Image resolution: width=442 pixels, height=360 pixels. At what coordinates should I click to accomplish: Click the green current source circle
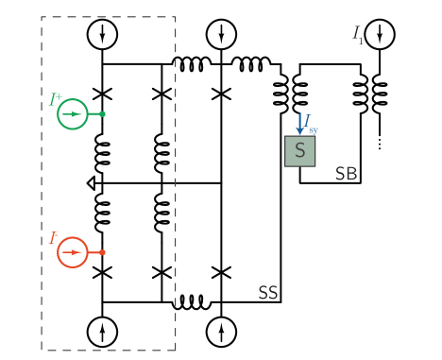pyautogui.click(x=73, y=114)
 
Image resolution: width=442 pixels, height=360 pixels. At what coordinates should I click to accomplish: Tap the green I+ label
pyautogui.click(x=56, y=97)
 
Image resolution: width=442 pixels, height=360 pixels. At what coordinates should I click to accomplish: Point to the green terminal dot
pyautogui.click(x=102, y=114)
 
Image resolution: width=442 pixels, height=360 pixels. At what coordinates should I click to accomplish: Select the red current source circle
pyautogui.click(x=73, y=253)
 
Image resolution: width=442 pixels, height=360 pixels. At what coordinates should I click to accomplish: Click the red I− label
pyautogui.click(x=54, y=238)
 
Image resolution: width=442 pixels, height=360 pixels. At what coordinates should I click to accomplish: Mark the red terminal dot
pyautogui.click(x=102, y=253)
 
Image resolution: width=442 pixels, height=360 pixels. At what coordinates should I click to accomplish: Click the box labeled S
pyautogui.click(x=300, y=151)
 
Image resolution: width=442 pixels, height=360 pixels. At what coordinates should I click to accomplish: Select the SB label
pyautogui.click(x=347, y=174)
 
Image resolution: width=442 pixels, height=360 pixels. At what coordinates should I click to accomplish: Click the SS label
pyautogui.click(x=268, y=293)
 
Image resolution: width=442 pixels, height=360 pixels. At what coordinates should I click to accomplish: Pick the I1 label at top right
pyautogui.click(x=358, y=34)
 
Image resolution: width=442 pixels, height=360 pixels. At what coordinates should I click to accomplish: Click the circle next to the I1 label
pyautogui.click(x=381, y=35)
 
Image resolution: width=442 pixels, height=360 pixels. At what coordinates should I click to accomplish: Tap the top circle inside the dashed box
pyautogui.click(x=102, y=35)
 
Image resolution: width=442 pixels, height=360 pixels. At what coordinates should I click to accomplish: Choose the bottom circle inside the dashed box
pyautogui.click(x=102, y=332)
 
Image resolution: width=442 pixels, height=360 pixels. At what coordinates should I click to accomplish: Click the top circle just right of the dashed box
pyautogui.click(x=221, y=35)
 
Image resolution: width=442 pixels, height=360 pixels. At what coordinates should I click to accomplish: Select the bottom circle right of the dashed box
pyautogui.click(x=221, y=332)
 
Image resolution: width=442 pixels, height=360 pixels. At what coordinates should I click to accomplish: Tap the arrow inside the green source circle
pyautogui.click(x=73, y=114)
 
